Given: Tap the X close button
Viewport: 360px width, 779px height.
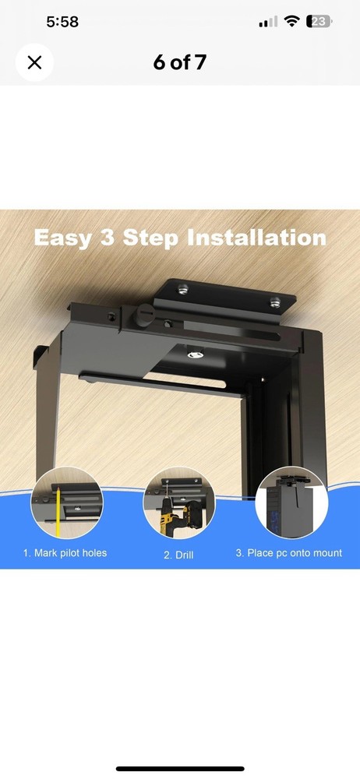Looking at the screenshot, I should click(34, 62).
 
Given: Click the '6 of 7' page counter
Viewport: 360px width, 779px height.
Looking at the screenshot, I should click(180, 63).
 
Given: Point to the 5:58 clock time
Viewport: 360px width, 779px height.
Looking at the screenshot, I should click(62, 22).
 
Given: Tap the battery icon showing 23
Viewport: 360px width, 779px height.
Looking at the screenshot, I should click(318, 22).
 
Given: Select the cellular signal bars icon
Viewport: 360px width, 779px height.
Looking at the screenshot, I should click(268, 22).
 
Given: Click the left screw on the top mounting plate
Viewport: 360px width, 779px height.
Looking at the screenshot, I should click(183, 290).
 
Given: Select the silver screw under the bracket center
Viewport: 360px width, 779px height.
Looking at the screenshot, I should click(195, 354).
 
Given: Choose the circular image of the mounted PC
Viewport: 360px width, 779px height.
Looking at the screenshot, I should click(291, 502).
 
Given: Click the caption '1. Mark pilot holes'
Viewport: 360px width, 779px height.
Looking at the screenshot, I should click(65, 553).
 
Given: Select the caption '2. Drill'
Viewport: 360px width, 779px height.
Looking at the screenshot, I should click(178, 554).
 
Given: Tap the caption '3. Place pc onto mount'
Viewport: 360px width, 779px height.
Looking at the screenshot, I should click(288, 553).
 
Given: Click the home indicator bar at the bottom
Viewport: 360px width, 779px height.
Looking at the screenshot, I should click(180, 768).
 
